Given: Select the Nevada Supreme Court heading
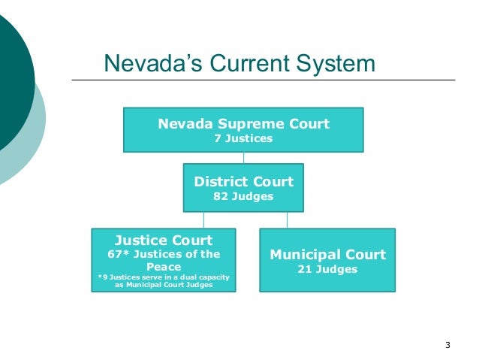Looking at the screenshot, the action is coord(243,123).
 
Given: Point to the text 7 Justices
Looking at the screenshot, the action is coord(243,138).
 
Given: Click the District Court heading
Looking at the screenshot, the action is coord(243,181).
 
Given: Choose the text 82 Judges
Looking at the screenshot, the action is coord(243,196).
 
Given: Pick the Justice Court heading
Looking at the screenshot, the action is coord(163,241).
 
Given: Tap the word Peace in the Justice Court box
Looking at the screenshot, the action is coord(163,266).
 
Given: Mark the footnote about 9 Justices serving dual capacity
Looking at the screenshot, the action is coord(163,282).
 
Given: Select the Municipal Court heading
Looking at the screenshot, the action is coord(327,254).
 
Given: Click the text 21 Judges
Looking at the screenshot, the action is coord(327,268).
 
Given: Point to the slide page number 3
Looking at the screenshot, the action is coord(447,345).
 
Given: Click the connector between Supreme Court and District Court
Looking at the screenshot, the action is coord(243,158).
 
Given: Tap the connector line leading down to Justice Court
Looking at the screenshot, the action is coord(203,219).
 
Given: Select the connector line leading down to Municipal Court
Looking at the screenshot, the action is coord(286,219).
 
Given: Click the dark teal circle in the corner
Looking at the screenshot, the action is coord(11,75).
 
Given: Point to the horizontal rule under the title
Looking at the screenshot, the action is coord(263,80).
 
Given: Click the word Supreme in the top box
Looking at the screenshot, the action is coord(237,123).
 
